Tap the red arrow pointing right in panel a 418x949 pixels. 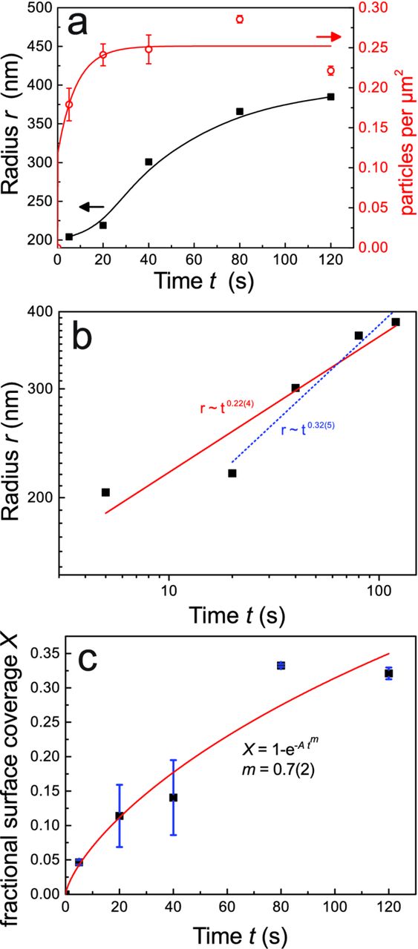pos(330,36)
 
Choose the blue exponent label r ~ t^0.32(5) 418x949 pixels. pos(308,429)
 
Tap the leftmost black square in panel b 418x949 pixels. pos(105,492)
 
